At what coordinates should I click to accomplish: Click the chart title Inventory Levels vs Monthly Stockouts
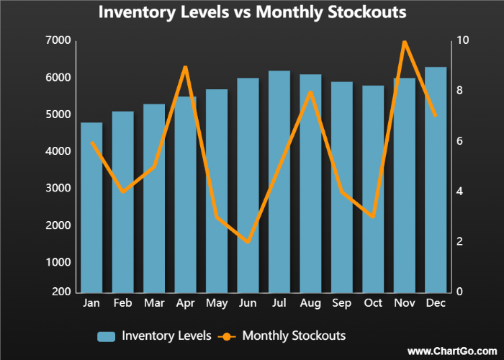coord(252,12)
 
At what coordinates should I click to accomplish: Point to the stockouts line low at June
coord(248,242)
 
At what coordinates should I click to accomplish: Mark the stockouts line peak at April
coord(185,67)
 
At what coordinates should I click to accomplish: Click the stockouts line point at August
coord(310,91)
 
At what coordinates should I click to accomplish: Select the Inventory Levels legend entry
coord(155,336)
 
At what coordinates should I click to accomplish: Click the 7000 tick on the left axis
coord(61,40)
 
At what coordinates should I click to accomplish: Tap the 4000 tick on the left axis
coord(61,151)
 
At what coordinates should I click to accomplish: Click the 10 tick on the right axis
coord(462,40)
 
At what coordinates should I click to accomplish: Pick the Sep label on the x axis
coord(342,304)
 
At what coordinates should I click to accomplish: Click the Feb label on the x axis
coord(123,304)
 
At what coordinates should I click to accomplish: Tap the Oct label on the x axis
coord(373,304)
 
